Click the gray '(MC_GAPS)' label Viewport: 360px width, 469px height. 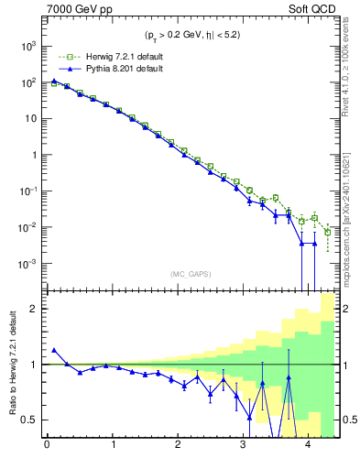click(x=190, y=273)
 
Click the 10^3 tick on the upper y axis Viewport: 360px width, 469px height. click(x=28, y=46)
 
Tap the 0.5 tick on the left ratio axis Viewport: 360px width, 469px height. click(x=31, y=420)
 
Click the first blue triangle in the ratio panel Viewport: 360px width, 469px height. click(x=54, y=350)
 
